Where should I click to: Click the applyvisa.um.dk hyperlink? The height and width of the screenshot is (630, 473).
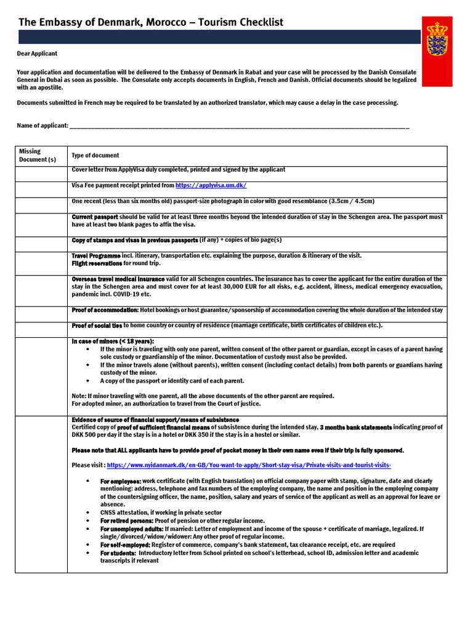point(211,185)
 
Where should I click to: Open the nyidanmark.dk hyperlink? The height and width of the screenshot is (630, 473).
point(249,465)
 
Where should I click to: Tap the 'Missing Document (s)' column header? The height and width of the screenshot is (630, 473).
point(38,155)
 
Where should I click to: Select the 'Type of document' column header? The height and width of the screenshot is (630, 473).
point(95,156)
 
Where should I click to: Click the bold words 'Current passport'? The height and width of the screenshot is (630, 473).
point(94,217)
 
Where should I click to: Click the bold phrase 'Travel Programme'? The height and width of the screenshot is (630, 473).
point(96,255)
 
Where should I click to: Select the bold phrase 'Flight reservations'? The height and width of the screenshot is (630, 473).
point(97,263)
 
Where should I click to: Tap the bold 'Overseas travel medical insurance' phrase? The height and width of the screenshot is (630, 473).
point(118,279)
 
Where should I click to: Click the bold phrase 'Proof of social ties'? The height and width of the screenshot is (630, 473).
point(97,325)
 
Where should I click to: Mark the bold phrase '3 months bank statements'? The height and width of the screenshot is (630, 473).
point(356,427)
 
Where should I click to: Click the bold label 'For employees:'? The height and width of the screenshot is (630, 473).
point(121,480)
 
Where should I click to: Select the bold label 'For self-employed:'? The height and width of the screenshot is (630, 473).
point(125,544)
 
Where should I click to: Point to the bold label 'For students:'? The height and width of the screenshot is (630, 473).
point(118,552)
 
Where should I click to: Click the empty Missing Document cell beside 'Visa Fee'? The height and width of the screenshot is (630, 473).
point(42,189)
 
